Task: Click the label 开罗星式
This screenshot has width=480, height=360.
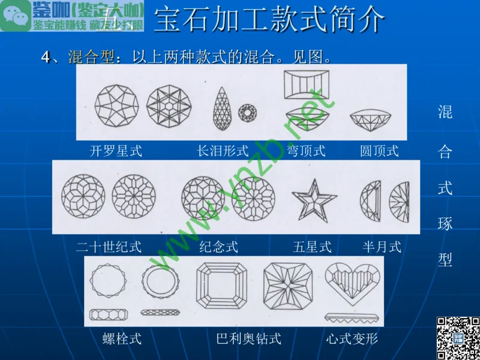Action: click(x=116, y=151)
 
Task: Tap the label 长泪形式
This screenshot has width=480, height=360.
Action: click(x=223, y=151)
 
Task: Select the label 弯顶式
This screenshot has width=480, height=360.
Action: click(x=306, y=151)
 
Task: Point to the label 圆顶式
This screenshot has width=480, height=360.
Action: click(x=379, y=151)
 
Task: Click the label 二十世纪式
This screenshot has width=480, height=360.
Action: click(x=109, y=247)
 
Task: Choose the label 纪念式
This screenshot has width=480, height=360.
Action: click(x=218, y=247)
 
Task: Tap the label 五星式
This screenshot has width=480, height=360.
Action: click(x=312, y=247)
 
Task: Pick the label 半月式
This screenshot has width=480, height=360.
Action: click(x=382, y=247)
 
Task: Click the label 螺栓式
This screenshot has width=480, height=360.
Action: click(x=122, y=339)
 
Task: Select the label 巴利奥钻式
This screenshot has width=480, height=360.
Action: click(x=248, y=339)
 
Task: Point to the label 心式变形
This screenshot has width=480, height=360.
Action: click(x=352, y=339)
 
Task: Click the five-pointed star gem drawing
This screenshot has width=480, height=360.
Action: click(x=313, y=200)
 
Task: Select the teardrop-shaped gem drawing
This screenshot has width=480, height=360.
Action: click(x=223, y=109)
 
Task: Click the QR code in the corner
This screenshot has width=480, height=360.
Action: click(x=457, y=338)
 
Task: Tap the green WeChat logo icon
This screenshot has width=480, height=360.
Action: click(x=14, y=16)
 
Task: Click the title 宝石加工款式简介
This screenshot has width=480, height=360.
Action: click(x=269, y=20)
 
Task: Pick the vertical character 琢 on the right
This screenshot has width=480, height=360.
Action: click(x=445, y=225)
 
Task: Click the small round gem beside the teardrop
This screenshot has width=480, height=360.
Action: click(x=247, y=112)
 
